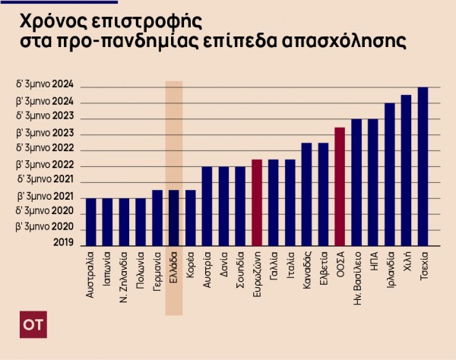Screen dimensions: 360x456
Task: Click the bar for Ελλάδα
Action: pos(174,218)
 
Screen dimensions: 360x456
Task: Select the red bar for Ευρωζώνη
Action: pos(257,203)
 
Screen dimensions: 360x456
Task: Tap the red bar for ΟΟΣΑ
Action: pos(340,187)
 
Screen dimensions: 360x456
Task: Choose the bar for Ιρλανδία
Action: pos(390,175)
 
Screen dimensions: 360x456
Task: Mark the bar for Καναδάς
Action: pos(306,194)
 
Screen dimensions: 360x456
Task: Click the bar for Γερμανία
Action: pos(157,218)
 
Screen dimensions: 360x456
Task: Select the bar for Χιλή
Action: pos(406,171)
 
